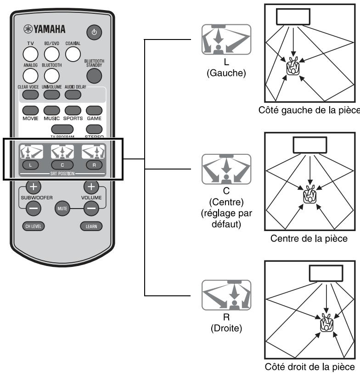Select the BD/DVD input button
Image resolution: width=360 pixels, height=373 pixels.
[x=51, y=54]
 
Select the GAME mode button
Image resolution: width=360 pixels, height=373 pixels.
[x=94, y=110]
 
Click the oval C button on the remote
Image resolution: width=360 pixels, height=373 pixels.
[x=61, y=164]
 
